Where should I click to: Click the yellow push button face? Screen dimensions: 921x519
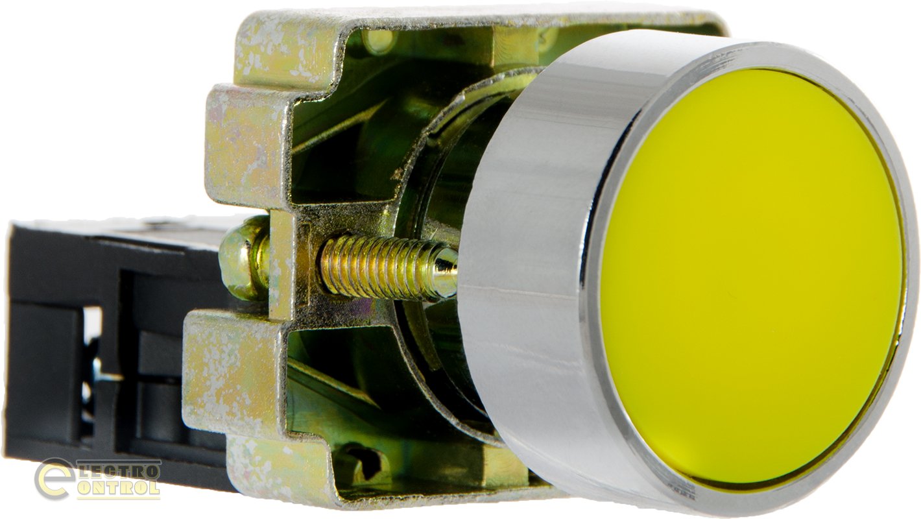click(x=750, y=276)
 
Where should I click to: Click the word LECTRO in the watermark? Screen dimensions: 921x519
click(x=119, y=470)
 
